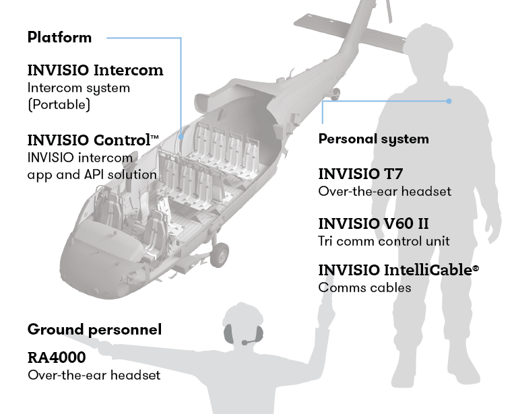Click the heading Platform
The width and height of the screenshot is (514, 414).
click(x=59, y=37)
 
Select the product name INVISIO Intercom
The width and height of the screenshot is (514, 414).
click(x=95, y=70)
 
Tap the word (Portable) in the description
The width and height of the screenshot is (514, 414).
click(x=59, y=105)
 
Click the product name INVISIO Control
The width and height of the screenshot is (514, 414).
click(x=92, y=141)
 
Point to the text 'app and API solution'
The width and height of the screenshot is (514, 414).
click(x=92, y=175)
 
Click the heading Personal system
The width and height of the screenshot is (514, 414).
click(x=373, y=139)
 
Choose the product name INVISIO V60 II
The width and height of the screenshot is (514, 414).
click(x=373, y=223)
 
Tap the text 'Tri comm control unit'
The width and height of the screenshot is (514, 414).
click(x=384, y=241)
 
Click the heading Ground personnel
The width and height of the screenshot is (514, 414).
click(x=94, y=330)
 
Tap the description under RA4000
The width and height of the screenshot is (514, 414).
click(x=94, y=374)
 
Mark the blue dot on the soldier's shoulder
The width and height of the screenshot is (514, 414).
click(x=449, y=102)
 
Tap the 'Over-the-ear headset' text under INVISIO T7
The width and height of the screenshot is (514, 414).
click(x=385, y=192)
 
